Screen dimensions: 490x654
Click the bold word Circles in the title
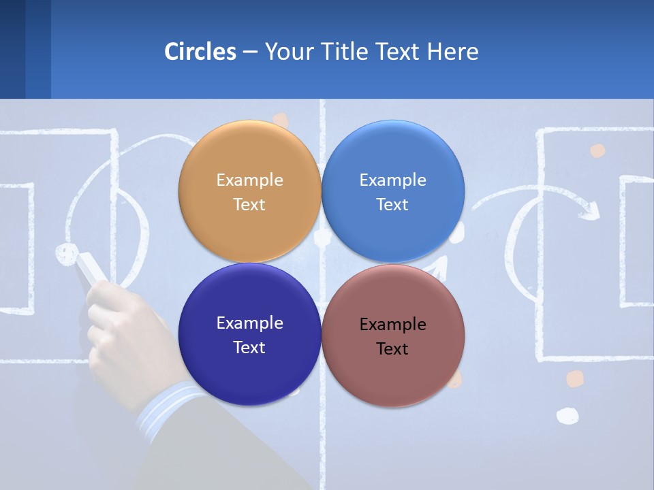[x=200, y=52]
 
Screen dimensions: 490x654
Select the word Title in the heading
[x=345, y=52]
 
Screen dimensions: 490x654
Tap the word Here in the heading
[x=452, y=52]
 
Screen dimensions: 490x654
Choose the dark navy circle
[x=249, y=371]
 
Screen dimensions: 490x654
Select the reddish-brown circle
[x=393, y=374]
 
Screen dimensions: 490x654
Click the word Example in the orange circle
[x=249, y=180]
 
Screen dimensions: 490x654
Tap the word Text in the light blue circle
[x=392, y=205]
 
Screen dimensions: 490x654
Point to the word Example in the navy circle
[x=249, y=323]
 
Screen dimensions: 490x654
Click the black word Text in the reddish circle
[x=392, y=349]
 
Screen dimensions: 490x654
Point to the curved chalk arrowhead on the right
[x=590, y=210]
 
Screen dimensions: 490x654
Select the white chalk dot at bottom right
[x=567, y=415]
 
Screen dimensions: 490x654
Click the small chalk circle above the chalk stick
[x=66, y=253]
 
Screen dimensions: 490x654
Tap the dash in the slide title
[x=250, y=52]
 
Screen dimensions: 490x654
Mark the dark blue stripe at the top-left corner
[x=12, y=49]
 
